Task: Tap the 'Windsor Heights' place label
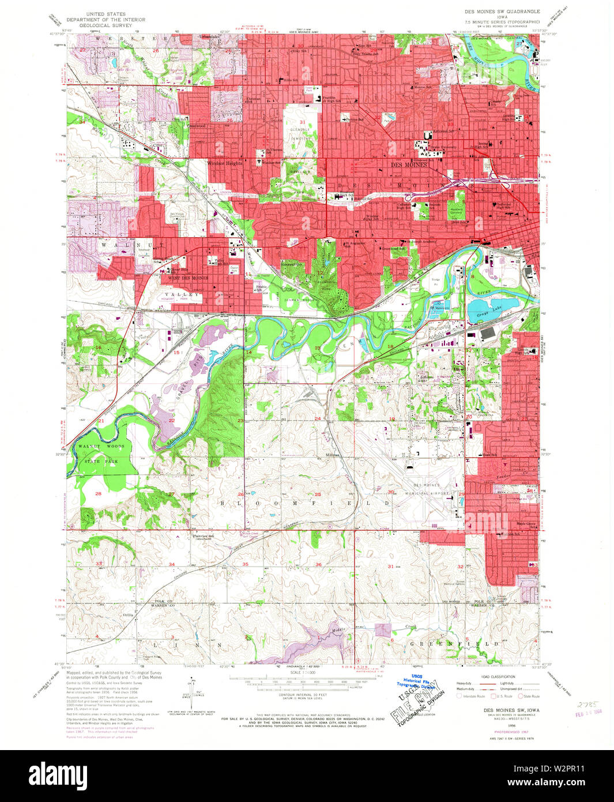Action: (225, 163)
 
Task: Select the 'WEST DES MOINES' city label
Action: (188, 278)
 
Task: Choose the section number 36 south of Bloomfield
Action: (318, 564)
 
